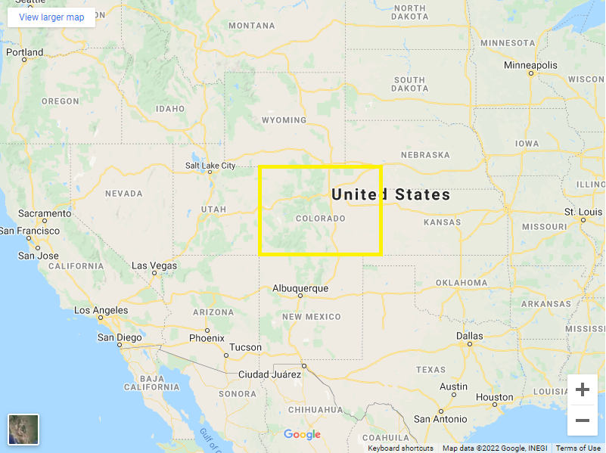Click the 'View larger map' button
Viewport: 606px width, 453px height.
pyautogui.click(x=51, y=17)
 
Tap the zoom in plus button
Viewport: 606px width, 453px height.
pyautogui.click(x=583, y=389)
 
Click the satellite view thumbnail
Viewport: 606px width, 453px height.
pyautogui.click(x=23, y=430)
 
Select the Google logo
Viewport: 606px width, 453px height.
pyautogui.click(x=302, y=434)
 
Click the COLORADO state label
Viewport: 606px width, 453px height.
pyautogui.click(x=320, y=219)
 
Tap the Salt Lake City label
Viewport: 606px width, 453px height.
pyautogui.click(x=210, y=166)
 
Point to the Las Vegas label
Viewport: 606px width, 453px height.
pyautogui.click(x=154, y=265)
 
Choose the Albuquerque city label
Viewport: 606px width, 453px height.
pyautogui.click(x=300, y=288)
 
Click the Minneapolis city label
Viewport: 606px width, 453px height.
pyautogui.click(x=531, y=65)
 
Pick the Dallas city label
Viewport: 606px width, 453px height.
pyautogui.click(x=469, y=336)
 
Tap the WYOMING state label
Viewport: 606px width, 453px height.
pyautogui.click(x=284, y=120)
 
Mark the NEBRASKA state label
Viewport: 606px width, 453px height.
pyautogui.click(x=425, y=155)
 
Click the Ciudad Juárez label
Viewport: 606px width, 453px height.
pyautogui.click(x=269, y=374)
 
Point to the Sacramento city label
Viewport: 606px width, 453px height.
pyautogui.click(x=45, y=214)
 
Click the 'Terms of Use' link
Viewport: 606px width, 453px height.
pyautogui.click(x=579, y=448)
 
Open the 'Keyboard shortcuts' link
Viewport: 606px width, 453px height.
pyautogui.click(x=400, y=448)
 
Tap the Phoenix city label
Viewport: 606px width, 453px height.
pyautogui.click(x=207, y=338)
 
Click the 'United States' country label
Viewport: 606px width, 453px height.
pyautogui.click(x=390, y=194)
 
